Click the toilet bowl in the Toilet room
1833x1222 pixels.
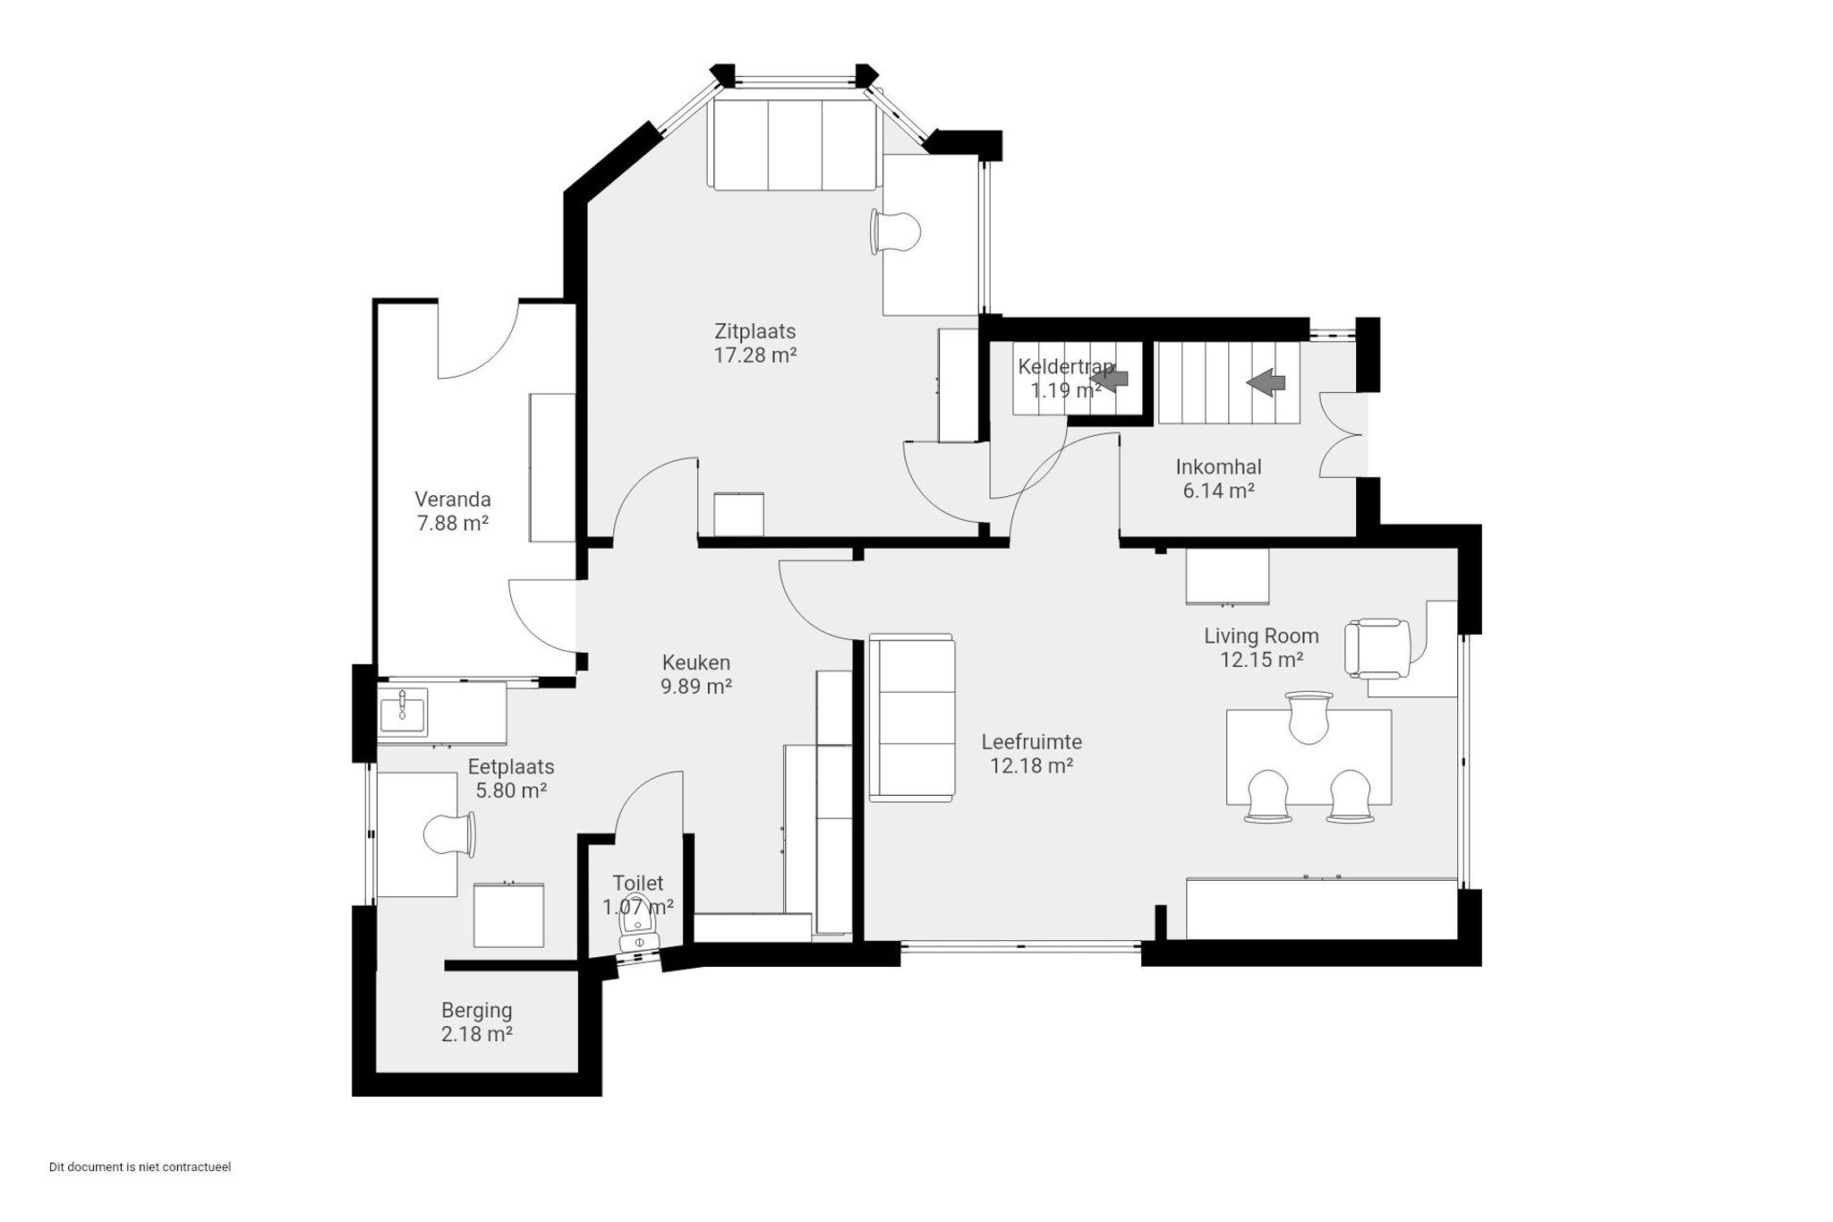tap(639, 922)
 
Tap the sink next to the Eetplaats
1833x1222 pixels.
tap(403, 712)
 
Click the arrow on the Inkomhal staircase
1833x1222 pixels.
tap(1266, 382)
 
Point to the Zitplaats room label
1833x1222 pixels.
tap(755, 330)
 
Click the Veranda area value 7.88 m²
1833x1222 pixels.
tap(453, 523)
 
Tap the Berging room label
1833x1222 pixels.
tap(476, 1010)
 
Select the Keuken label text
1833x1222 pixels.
tap(696, 662)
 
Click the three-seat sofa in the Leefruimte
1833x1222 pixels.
tap(912, 717)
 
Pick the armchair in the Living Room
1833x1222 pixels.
tap(1377, 648)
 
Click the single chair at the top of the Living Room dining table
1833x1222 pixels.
tap(1309, 717)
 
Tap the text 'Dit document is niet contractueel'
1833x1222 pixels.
tap(140, 1167)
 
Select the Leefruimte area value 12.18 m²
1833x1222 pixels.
tap(1031, 765)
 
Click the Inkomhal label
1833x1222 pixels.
tap(1218, 466)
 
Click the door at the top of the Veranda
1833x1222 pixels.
tap(479, 340)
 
